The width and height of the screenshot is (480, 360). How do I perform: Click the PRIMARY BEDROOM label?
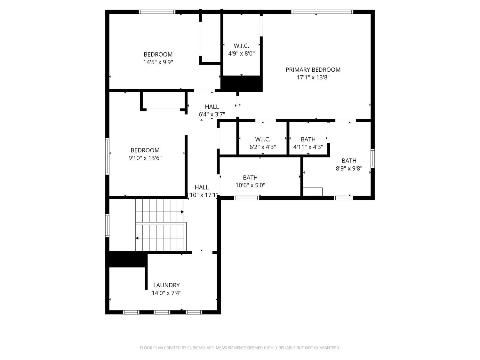313,70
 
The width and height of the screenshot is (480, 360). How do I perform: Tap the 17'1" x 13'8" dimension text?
313,77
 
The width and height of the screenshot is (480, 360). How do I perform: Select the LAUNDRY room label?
166,285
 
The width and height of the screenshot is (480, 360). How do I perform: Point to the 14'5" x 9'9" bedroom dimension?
158,62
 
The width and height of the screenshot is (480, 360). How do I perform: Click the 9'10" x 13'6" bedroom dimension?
145,158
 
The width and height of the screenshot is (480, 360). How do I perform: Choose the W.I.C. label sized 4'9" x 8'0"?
241,46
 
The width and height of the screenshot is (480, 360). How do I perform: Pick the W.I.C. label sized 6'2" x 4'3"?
263,139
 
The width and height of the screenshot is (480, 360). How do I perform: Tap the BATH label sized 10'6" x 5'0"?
250,178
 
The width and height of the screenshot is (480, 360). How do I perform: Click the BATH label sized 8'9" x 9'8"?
349,161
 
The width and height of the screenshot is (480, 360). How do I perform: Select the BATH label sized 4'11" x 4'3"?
308,139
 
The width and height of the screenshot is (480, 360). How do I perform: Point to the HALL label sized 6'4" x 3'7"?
212,107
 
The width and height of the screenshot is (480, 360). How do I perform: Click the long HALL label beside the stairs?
202,187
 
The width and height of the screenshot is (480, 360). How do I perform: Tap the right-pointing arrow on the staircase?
182,212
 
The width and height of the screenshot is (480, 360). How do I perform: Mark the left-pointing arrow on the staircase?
137,238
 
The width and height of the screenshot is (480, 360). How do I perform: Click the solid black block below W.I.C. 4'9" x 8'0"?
242,84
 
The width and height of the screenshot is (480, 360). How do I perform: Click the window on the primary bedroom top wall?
322,12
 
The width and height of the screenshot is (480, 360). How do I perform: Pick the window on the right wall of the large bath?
372,158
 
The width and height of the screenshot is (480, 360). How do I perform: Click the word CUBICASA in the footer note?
196,348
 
